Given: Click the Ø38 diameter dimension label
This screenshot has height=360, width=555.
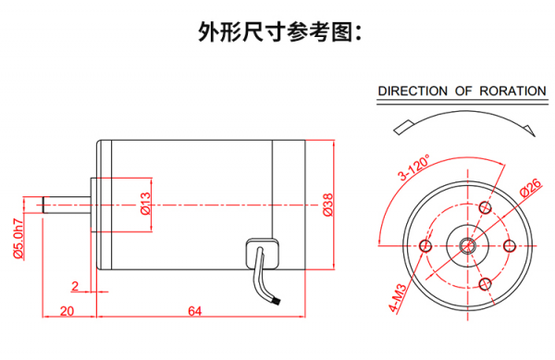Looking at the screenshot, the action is (328, 205).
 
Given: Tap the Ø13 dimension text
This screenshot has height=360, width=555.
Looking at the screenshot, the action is (145, 204).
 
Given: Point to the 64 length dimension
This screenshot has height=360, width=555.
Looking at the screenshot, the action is (194, 311).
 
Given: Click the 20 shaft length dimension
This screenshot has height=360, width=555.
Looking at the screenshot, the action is (67, 311).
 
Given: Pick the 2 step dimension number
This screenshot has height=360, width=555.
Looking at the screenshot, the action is (75, 286).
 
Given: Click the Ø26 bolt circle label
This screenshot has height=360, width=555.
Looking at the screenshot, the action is (531, 188).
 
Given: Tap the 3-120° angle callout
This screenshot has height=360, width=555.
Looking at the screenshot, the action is (413, 168).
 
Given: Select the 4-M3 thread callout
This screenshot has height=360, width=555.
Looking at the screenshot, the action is (398, 298).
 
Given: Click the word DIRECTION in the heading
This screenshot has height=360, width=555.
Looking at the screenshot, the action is (413, 92).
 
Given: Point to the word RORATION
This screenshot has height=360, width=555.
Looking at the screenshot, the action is (512, 92).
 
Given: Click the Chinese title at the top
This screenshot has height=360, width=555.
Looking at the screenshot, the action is (279, 32).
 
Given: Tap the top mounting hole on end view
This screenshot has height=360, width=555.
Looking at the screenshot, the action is (485, 208).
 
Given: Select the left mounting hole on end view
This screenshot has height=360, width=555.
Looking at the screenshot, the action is (425, 245).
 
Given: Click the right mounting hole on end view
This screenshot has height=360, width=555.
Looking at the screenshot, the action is (510, 245).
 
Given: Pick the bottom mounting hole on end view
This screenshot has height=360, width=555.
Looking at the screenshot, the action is (485, 283).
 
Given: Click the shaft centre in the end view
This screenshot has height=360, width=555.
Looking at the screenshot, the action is (467, 245).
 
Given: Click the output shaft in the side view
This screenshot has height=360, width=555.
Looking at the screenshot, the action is (67, 205).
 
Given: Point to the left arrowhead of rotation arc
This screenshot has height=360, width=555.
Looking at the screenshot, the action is (402, 128).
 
